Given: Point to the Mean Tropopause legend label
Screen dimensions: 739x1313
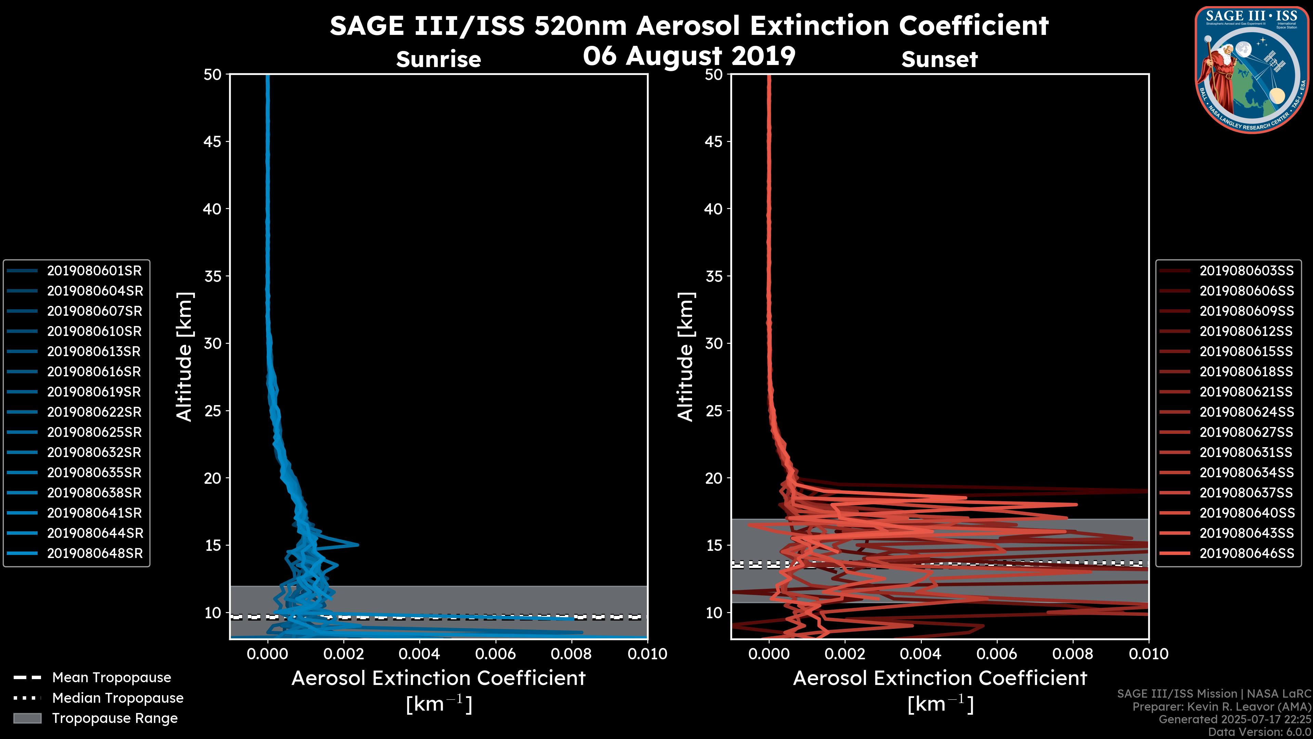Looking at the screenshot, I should pyautogui.click(x=111, y=678).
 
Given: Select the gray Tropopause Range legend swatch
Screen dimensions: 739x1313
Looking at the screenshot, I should pyautogui.click(x=27, y=718).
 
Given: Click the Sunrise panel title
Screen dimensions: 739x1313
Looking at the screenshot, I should pyautogui.click(x=438, y=59).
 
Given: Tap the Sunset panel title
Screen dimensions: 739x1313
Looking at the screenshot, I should pyautogui.click(x=939, y=59).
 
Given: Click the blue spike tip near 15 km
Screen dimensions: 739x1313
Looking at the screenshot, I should pyautogui.click(x=358, y=545).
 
